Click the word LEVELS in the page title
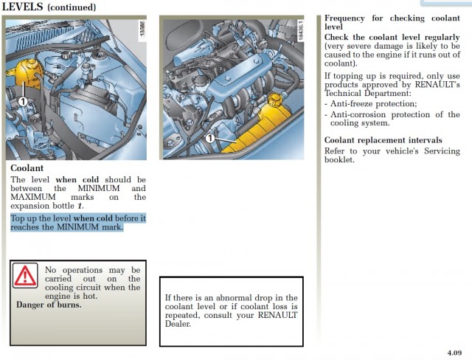pos(22,7)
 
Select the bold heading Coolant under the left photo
pos(27,168)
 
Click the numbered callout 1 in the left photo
pos(24,100)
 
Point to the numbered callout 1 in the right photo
pos(210,138)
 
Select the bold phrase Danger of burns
pos(49,305)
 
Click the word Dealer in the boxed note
pos(178,324)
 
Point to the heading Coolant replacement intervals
pos(383,140)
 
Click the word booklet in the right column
pos(339,159)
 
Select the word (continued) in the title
pos(72,7)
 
